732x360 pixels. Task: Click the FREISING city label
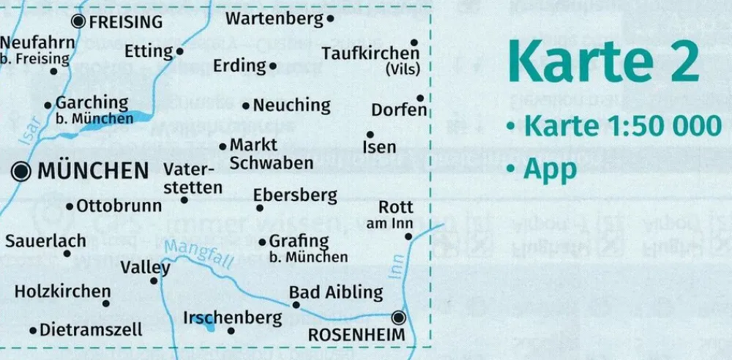click(126, 22)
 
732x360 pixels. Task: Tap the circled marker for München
click(22, 172)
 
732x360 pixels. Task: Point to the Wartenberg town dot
click(331, 19)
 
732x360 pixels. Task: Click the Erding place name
click(239, 66)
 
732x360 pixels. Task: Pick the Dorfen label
click(399, 110)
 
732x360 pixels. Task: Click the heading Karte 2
click(603, 63)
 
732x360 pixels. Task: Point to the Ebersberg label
click(295, 195)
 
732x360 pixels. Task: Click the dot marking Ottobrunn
click(70, 207)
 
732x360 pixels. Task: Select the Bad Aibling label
click(336, 293)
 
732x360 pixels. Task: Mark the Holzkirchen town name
click(62, 291)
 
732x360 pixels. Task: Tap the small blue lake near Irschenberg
click(209, 326)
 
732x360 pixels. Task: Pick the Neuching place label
click(291, 105)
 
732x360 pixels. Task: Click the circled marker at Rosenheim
click(398, 318)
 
